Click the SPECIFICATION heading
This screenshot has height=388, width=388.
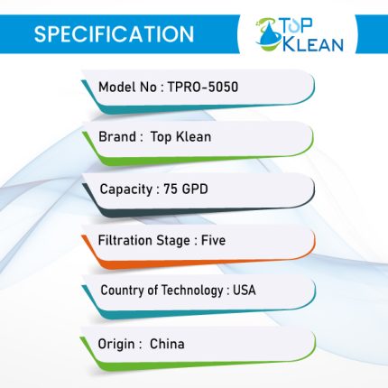[x=114, y=33]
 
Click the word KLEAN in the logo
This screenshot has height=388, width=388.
[x=313, y=44]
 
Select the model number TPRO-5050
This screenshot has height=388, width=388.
[x=203, y=87]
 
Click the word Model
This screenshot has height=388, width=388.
[x=117, y=87]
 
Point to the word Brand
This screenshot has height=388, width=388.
[x=117, y=136]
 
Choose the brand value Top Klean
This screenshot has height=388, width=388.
[x=180, y=137]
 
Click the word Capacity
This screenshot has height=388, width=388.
[x=126, y=189]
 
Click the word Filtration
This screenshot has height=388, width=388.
[x=125, y=240]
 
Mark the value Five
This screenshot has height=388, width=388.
[x=213, y=240]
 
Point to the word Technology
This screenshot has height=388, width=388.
[x=192, y=291]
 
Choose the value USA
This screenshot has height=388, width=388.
[x=245, y=290]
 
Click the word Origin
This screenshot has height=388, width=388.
[x=116, y=344]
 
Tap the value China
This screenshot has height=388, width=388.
[x=167, y=344]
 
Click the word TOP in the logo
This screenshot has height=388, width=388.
[x=297, y=26]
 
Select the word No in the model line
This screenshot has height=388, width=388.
[x=148, y=87]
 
